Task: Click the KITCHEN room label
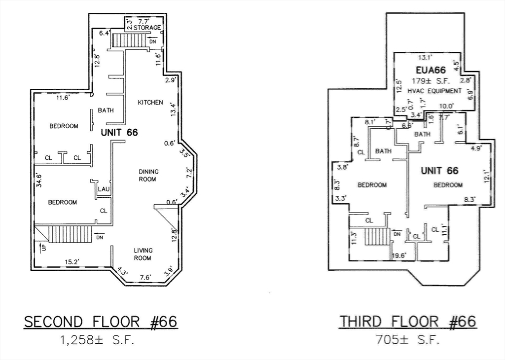[150, 103]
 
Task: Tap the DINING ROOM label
[148, 175]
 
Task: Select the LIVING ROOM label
[143, 254]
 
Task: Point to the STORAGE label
[147, 28]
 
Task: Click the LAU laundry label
[104, 189]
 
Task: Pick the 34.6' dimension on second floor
[39, 180]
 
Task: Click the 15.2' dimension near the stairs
[72, 262]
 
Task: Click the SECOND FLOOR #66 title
[101, 322]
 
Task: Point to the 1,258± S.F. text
[97, 340]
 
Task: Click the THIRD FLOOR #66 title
[408, 322]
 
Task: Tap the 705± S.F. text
[408, 340]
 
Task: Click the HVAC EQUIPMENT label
[434, 91]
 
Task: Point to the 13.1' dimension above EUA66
[425, 58]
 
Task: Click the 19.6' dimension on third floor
[399, 255]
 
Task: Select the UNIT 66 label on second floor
[119, 132]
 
